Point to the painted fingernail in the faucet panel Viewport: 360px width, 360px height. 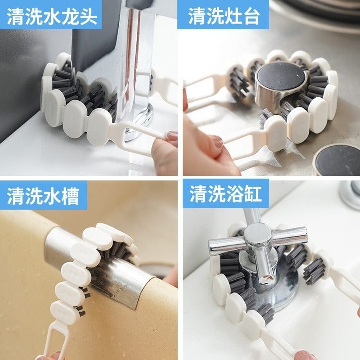(172, 136)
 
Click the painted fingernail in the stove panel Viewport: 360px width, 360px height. (218, 143)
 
